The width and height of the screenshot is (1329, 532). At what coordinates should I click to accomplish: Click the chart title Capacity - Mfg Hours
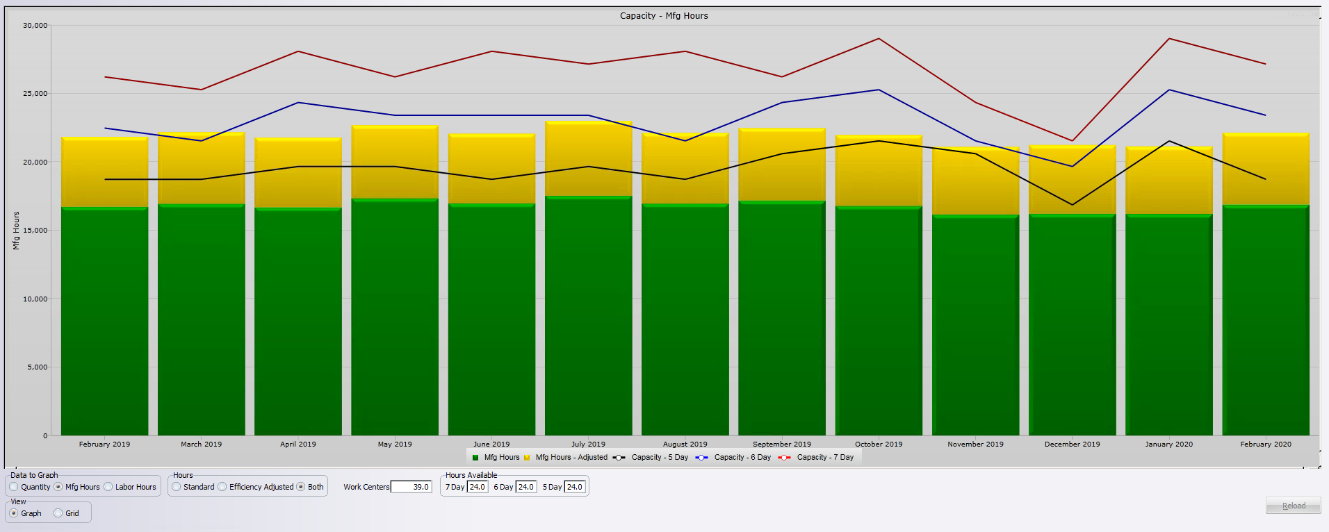click(664, 16)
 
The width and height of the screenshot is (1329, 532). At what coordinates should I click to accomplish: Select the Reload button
click(1293, 506)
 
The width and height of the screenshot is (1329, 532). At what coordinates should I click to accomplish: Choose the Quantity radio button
click(14, 487)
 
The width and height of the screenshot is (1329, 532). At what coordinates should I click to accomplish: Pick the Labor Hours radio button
click(108, 487)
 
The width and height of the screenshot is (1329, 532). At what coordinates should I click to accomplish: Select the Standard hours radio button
click(177, 487)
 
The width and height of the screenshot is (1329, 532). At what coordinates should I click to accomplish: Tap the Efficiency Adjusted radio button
click(222, 487)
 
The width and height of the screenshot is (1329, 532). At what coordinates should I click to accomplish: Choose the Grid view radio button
click(58, 513)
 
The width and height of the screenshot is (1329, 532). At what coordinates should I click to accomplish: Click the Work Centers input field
click(411, 487)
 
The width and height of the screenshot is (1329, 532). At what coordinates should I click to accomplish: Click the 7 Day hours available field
click(477, 487)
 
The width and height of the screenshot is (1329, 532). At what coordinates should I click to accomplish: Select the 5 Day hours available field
click(574, 487)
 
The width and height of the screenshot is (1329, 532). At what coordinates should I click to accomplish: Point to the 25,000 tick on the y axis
click(35, 94)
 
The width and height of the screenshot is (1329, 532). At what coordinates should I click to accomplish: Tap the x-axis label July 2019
click(588, 444)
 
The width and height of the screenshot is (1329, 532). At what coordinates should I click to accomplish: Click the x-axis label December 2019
click(1072, 444)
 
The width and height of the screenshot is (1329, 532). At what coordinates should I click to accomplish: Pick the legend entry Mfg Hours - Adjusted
click(571, 458)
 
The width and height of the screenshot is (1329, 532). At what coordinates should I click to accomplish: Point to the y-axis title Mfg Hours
click(16, 231)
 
